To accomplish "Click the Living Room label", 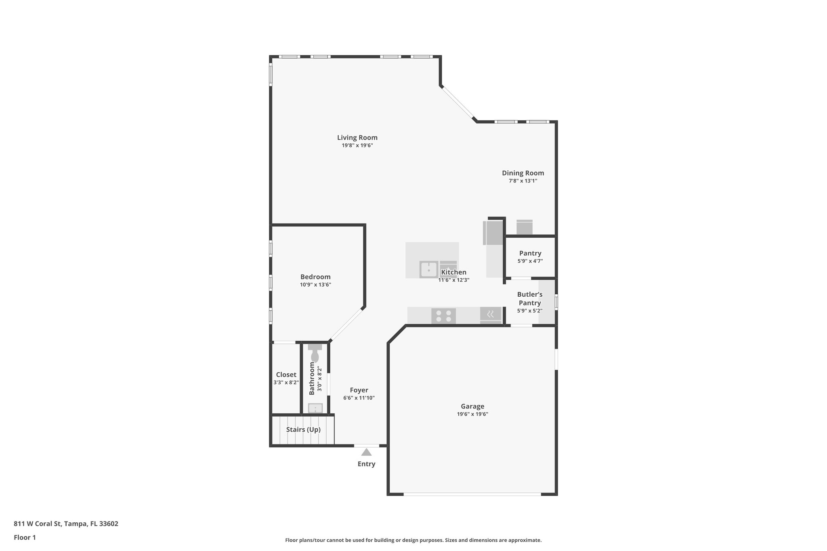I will [x=357, y=138].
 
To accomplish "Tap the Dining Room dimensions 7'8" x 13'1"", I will [x=523, y=181].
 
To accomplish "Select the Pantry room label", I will [x=530, y=253].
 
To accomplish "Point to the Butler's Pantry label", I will [x=530, y=299].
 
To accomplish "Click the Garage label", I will [x=472, y=406].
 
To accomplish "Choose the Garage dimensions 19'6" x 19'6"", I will [x=472, y=414].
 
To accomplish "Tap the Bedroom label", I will [x=315, y=277].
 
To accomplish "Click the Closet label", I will [x=286, y=375].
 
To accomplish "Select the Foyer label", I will [x=359, y=390].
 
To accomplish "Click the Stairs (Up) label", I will [x=303, y=429].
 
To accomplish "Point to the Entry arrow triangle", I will [x=366, y=452].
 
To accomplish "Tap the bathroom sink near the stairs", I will [x=315, y=408].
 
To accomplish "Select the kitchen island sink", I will [x=428, y=270].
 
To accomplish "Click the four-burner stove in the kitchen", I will [x=443, y=316].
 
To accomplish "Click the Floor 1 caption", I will [x=25, y=537].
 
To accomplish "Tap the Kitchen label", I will [x=454, y=272].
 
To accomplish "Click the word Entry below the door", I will [x=366, y=464].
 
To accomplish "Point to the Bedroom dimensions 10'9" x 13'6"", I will [x=315, y=285].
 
